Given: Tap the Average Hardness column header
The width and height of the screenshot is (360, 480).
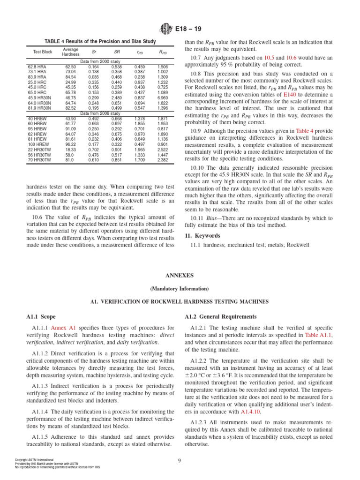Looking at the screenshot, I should pyautogui.click(x=70, y=52).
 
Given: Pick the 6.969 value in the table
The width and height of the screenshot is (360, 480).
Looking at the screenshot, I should pyautogui.click(x=163, y=97).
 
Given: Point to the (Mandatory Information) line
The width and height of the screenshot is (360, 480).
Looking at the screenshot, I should pyautogui.click(x=180, y=288).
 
